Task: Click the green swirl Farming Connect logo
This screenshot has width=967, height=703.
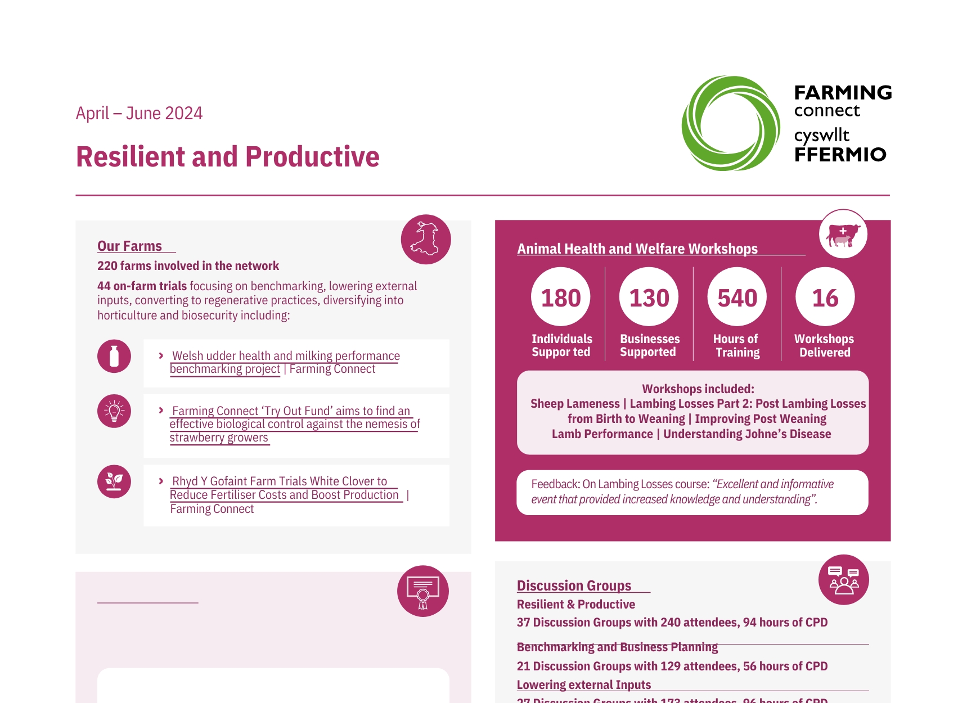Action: click(730, 124)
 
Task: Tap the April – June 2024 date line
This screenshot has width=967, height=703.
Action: click(139, 114)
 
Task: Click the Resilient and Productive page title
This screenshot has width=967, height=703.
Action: click(227, 157)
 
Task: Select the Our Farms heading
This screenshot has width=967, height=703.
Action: click(129, 246)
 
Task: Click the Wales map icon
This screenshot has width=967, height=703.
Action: click(425, 240)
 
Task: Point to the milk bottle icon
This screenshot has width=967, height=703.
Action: click(114, 356)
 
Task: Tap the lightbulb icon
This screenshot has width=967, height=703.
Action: click(114, 411)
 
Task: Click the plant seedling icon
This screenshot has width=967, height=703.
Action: click(114, 481)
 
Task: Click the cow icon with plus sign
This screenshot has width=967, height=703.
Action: click(843, 235)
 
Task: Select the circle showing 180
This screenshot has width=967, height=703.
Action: click(560, 297)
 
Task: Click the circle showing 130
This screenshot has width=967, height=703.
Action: click(649, 297)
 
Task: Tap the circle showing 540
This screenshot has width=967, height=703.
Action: click(737, 297)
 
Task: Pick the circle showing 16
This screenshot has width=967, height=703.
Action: click(825, 297)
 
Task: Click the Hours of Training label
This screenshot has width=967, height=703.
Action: click(737, 346)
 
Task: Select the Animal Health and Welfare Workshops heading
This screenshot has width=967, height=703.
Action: click(637, 249)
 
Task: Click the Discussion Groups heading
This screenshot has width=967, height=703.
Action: click(574, 586)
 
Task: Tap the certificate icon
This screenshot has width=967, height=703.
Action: click(422, 591)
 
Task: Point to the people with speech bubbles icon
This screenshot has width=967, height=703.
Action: click(843, 580)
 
